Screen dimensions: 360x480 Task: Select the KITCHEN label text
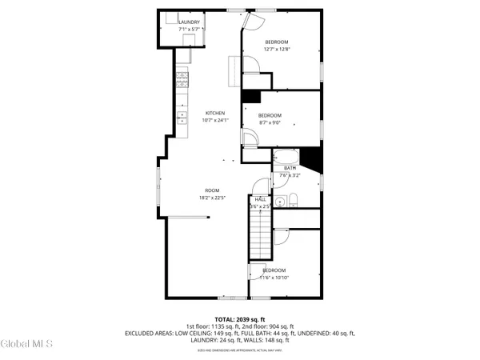click(x=215, y=113)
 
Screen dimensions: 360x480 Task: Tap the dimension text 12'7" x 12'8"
click(x=276, y=49)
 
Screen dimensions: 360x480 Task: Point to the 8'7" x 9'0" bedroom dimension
click(x=270, y=122)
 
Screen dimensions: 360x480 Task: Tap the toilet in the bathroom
click(x=294, y=199)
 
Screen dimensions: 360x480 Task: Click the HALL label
click(x=261, y=199)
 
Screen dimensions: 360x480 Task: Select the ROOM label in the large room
click(x=211, y=190)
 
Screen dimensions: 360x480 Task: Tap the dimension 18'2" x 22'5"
click(x=211, y=198)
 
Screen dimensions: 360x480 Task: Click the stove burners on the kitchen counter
click(x=182, y=79)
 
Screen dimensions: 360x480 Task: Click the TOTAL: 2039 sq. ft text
click(x=239, y=318)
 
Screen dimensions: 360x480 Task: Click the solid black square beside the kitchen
click(x=250, y=96)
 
